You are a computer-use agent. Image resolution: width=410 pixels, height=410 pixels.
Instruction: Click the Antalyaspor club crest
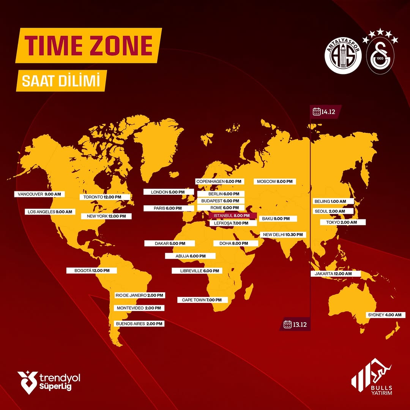click(x=342, y=57)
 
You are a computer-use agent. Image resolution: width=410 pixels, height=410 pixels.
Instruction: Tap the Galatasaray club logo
click(x=381, y=57)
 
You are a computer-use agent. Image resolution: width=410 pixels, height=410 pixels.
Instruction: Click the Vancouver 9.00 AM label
click(x=39, y=194)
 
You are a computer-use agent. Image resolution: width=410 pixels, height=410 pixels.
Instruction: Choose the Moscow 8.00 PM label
click(x=275, y=182)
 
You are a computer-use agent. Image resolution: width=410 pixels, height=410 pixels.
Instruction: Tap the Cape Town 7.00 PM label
click(x=202, y=300)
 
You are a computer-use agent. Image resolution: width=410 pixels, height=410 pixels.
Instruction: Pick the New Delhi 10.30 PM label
click(x=283, y=235)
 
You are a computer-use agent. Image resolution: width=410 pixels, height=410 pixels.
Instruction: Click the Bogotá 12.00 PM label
click(x=91, y=271)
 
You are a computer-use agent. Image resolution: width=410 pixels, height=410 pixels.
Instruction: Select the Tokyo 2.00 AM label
click(x=343, y=222)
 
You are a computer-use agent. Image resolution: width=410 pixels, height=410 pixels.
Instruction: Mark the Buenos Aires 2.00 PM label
click(x=139, y=324)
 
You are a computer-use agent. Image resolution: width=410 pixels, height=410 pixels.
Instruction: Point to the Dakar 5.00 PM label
click(x=170, y=243)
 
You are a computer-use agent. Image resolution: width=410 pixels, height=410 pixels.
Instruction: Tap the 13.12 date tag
click(x=295, y=324)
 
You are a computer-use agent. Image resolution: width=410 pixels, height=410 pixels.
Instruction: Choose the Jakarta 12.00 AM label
click(x=336, y=274)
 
